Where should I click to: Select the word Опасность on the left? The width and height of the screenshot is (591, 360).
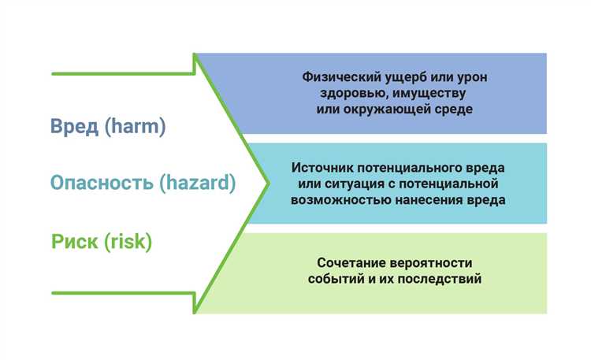coord(102,184)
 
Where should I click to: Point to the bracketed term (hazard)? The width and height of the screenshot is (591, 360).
coord(197,184)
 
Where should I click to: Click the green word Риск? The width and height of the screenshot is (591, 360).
coord(76,241)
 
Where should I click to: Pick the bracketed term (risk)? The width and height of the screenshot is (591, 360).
coord(128,241)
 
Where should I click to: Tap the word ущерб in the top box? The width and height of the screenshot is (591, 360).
coord(401,77)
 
